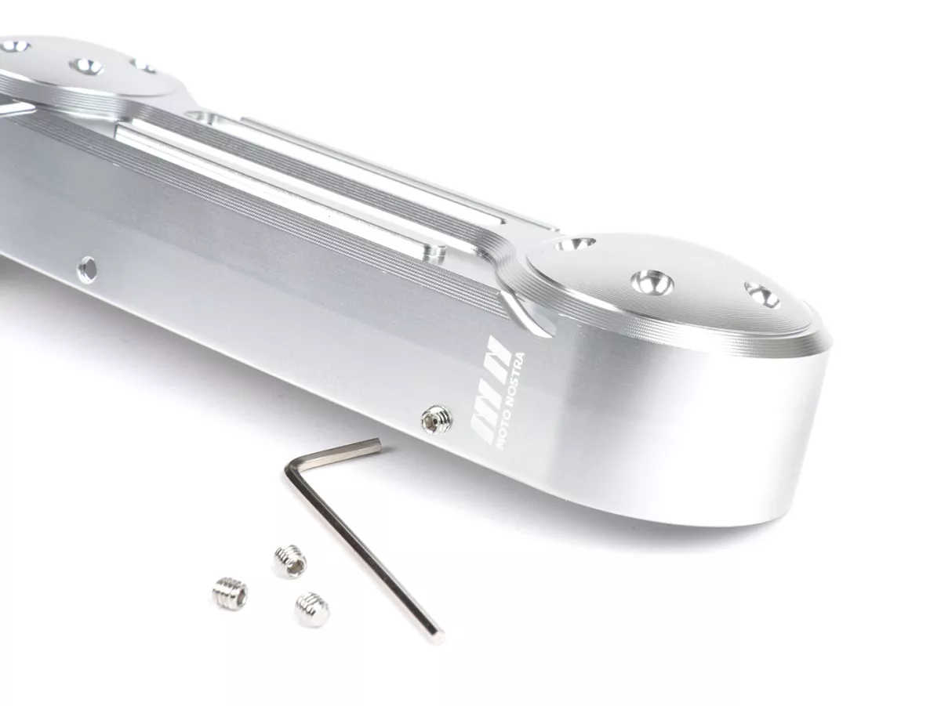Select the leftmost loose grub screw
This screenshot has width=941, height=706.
[230, 593]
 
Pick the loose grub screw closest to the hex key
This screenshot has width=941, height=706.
[312, 610]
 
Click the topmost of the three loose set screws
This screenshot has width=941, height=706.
[291, 561]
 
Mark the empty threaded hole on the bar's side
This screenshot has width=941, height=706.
[88, 267]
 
